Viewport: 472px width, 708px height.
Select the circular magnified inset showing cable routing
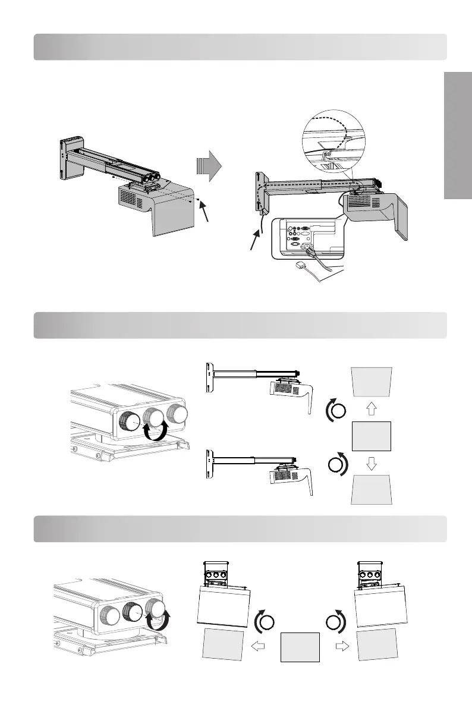(334, 141)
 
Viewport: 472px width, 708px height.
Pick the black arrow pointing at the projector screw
(204, 212)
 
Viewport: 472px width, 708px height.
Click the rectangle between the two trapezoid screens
(372, 436)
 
